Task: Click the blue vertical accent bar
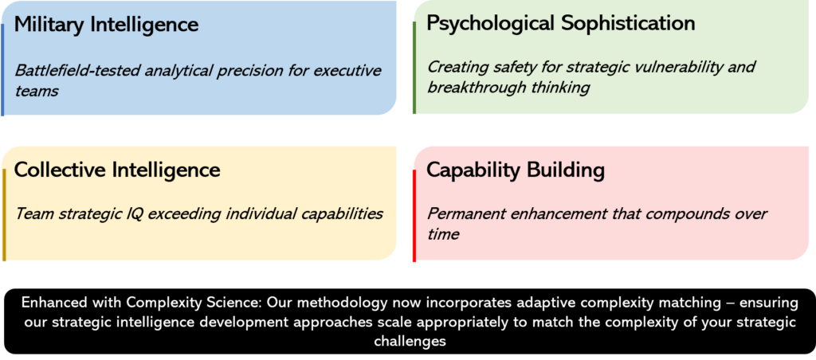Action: (2, 70)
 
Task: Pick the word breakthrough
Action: (477, 88)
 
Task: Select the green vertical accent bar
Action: (414, 68)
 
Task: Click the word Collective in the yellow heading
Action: (59, 170)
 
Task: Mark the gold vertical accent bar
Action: (4, 215)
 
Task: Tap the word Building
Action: (565, 171)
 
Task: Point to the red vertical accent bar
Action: (414, 216)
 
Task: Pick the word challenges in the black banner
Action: (409, 342)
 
